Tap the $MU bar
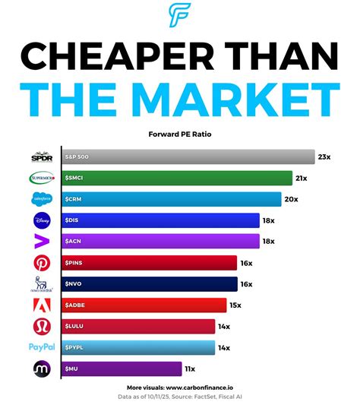click(x=122, y=369)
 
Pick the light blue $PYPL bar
click(x=138, y=347)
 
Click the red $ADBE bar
click(x=144, y=305)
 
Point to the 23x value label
click(x=324, y=157)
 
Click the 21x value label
click(x=302, y=179)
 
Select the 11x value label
click(x=190, y=369)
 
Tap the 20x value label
click(x=292, y=200)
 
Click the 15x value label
click(x=236, y=305)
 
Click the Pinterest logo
click(x=41, y=263)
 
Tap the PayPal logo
click(x=41, y=347)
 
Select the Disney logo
click(x=41, y=220)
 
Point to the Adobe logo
click(x=41, y=305)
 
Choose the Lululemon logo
click(x=41, y=326)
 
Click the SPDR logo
click(x=41, y=157)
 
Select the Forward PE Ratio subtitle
click(x=180, y=137)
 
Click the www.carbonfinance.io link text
click(x=203, y=387)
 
